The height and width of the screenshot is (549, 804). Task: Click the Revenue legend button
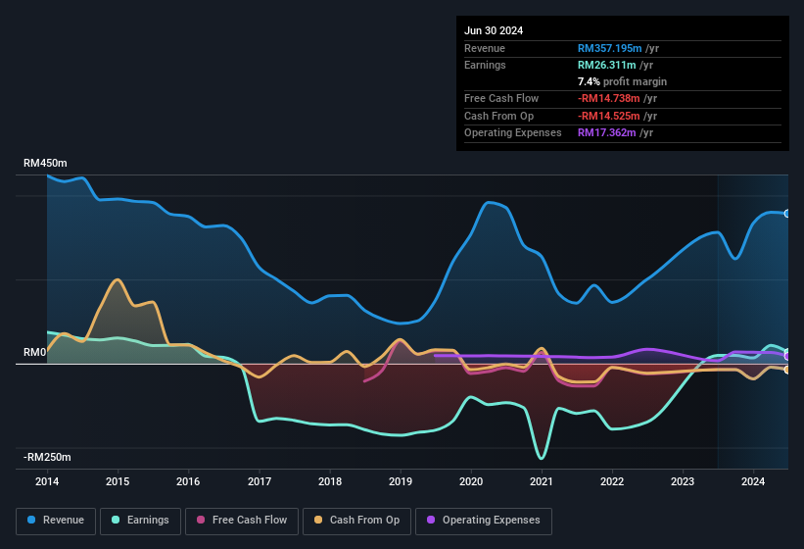click(56, 520)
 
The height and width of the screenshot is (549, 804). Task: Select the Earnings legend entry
click(141, 520)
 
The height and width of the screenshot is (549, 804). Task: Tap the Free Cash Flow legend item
click(242, 520)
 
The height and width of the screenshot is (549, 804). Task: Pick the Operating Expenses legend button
click(484, 520)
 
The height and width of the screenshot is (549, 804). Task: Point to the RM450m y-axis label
click(47, 164)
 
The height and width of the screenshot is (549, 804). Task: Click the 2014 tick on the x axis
click(47, 481)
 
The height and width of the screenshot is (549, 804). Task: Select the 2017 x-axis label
click(260, 481)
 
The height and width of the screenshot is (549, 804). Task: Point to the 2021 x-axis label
click(542, 481)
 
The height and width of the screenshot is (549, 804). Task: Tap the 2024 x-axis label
click(753, 481)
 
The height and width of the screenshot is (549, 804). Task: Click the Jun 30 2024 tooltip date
click(494, 30)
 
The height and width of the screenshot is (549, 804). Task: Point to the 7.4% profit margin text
click(622, 81)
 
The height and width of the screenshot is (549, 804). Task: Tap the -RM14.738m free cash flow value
click(617, 98)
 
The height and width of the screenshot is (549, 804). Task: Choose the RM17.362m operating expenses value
click(614, 132)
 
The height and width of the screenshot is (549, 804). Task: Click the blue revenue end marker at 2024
click(787, 213)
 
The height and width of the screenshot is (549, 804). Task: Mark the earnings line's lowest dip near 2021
click(541, 458)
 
